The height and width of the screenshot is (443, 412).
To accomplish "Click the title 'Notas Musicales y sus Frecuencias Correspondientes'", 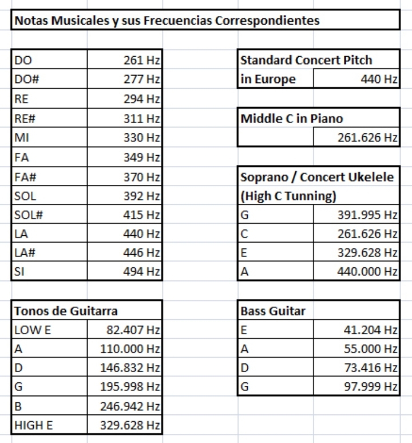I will [167, 21].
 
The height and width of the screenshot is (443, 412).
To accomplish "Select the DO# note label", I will [25, 79].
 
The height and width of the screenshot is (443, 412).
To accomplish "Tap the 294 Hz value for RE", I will [142, 98].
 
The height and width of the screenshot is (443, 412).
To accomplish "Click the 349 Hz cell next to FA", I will [142, 156].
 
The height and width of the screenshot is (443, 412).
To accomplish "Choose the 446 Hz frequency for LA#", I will [142, 252].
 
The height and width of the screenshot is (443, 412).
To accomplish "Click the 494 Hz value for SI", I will [142, 272].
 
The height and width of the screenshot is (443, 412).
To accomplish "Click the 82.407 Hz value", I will [133, 330].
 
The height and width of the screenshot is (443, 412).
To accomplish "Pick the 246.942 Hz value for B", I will [130, 406].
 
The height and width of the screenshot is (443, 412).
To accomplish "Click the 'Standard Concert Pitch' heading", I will [306, 60].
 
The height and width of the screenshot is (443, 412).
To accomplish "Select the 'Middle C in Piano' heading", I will [291, 118].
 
